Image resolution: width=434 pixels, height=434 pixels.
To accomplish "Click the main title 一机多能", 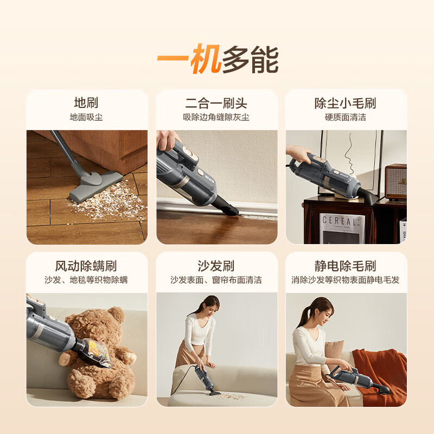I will point(217,60).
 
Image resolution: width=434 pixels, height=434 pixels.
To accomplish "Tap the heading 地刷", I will point(86,103).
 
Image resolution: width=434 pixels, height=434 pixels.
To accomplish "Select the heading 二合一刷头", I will point(216,103).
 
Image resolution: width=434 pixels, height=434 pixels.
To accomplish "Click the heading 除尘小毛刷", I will point(346,103).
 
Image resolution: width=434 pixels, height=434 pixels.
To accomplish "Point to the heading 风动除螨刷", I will point(86,266).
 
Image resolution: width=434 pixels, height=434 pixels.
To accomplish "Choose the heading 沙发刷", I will point(216,266).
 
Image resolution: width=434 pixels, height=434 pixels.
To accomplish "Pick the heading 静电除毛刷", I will point(346,266).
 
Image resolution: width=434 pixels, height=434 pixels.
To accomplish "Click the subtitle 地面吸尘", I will point(86,117).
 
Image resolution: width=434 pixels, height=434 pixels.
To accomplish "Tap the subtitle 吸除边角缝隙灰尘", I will point(216,117).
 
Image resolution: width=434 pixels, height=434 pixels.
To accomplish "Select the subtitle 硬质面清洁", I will point(346,117).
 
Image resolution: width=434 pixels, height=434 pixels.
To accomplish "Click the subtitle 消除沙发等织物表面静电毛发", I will point(346,280).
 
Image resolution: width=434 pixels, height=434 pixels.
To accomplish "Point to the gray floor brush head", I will point(92,186).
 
